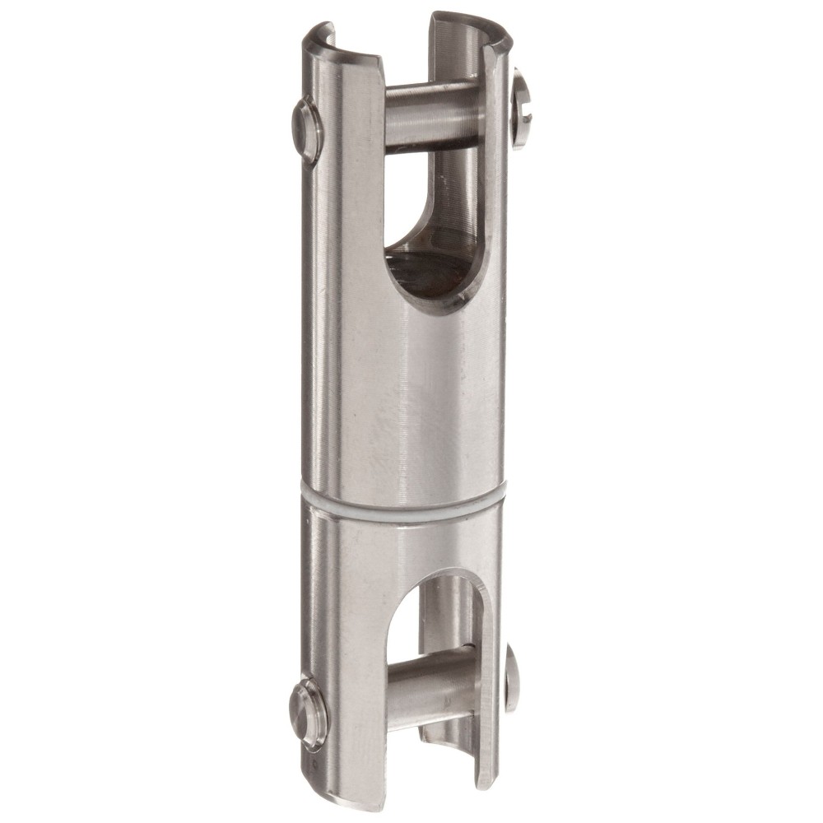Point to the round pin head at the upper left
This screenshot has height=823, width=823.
(307, 130)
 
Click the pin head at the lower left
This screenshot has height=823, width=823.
(307, 712)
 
